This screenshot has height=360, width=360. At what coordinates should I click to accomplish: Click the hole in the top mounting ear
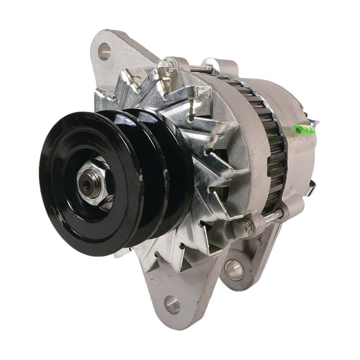coord(104,51)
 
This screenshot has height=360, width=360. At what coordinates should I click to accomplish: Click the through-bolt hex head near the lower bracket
coord(238,227)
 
